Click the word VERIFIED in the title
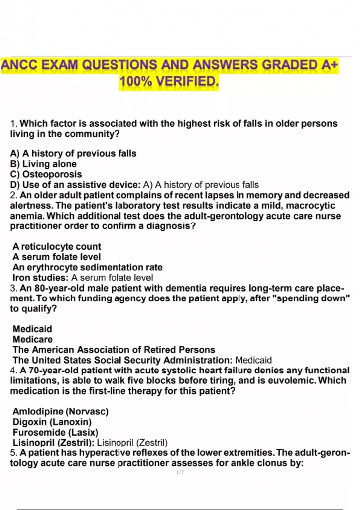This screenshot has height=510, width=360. [x=186, y=81]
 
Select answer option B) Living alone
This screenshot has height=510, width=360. [x=43, y=164]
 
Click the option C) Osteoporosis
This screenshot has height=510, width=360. [x=46, y=174]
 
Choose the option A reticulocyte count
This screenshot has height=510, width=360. [x=57, y=247]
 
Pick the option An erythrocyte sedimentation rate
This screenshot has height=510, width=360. [x=87, y=267]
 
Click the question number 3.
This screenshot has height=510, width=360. [x=13, y=288]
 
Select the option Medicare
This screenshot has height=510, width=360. [x=32, y=339]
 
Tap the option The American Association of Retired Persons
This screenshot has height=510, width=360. [x=114, y=350]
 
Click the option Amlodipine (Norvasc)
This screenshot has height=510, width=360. [x=60, y=411]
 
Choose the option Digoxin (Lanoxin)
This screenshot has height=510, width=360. [x=52, y=422]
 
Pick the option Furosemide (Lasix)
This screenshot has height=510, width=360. [x=55, y=432]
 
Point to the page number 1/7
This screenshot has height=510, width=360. [x=180, y=472]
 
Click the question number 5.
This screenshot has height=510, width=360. [x=13, y=453]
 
